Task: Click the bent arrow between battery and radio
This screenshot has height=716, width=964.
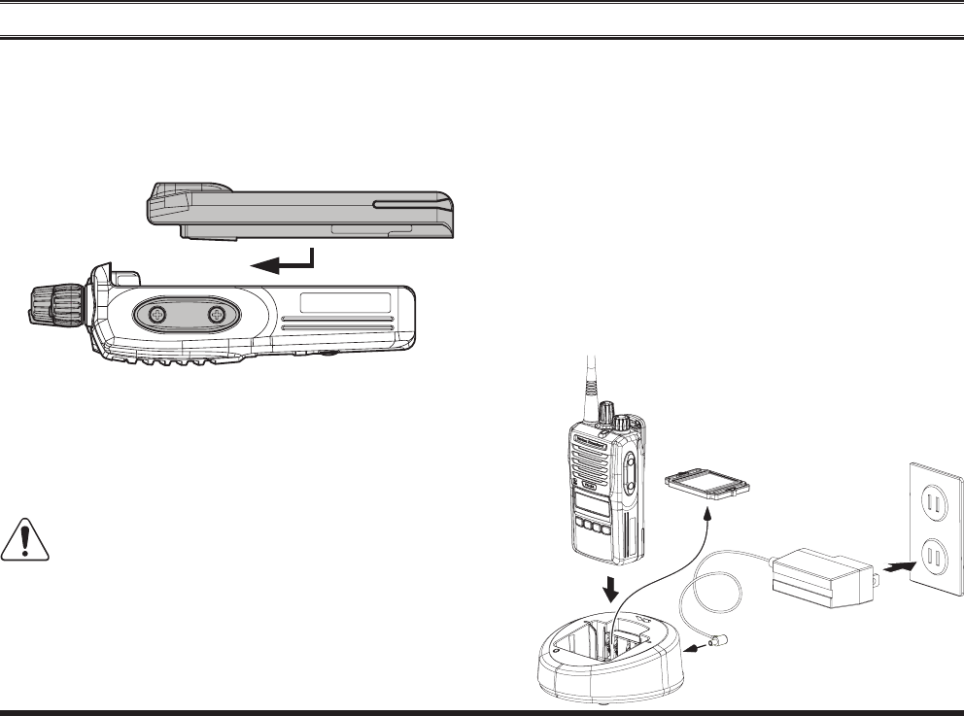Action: [283, 258]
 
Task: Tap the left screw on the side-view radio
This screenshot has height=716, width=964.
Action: [155, 315]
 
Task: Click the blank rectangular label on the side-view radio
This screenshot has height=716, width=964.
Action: [346, 301]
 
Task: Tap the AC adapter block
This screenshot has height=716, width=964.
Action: [821, 576]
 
